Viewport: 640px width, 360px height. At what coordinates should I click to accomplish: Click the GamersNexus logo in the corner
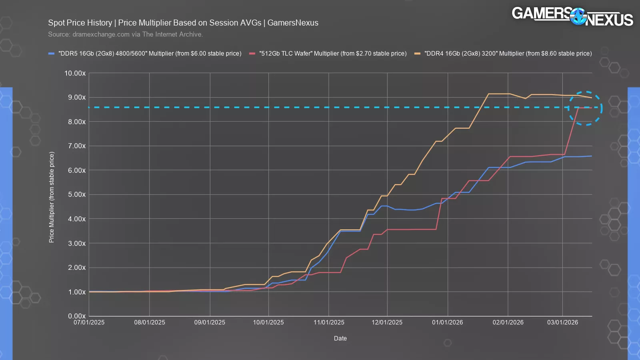[572, 16]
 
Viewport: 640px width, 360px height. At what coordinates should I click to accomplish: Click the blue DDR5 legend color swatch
[51, 54]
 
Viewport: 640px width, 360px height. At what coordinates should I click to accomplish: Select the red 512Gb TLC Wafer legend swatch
[252, 54]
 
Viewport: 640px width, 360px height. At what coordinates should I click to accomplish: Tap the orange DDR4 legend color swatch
[417, 54]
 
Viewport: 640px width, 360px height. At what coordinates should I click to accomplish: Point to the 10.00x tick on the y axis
[75, 73]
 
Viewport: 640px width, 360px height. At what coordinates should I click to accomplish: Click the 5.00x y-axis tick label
[77, 194]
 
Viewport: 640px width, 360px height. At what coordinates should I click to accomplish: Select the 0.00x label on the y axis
[77, 316]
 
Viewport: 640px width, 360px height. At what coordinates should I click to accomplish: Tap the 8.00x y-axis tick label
[77, 122]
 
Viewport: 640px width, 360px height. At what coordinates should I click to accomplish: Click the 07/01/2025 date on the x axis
[89, 322]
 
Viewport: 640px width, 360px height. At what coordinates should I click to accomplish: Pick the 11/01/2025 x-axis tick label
[329, 322]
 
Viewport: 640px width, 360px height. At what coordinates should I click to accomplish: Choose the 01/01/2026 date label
[447, 322]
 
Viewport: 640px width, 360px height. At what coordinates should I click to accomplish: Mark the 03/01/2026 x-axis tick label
[562, 322]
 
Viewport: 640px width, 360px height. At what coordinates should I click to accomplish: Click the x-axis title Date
[340, 338]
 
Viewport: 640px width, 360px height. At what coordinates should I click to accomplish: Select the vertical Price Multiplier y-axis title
[52, 197]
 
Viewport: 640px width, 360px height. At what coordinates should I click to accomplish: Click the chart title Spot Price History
[183, 23]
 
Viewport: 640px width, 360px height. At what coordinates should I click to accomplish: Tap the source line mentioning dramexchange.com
[125, 34]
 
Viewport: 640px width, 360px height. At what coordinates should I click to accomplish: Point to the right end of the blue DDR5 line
[591, 156]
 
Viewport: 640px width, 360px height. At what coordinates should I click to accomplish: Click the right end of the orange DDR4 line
[591, 98]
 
